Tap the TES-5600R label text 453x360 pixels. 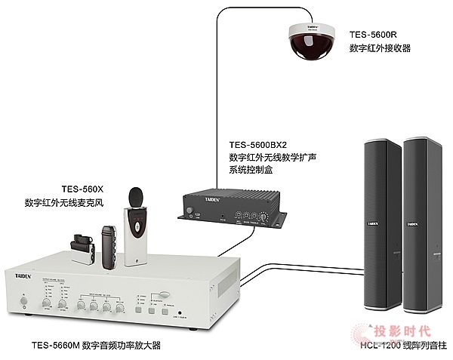(379, 34)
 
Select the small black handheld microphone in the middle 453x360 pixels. (109, 245)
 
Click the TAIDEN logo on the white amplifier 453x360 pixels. (24, 277)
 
